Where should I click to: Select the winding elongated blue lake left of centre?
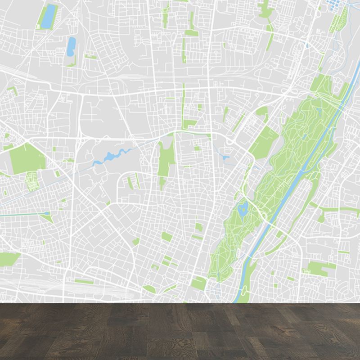[x=110, y=156]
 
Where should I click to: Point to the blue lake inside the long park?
[x=243, y=208]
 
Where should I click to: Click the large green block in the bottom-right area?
[x=322, y=268]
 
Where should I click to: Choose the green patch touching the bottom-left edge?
[x=9, y=258]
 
